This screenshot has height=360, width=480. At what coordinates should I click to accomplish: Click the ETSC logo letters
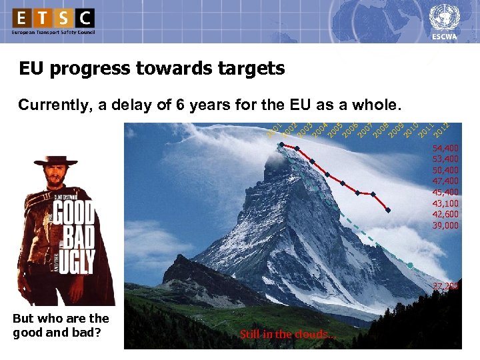(53, 17)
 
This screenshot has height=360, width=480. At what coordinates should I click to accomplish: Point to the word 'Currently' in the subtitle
(51, 105)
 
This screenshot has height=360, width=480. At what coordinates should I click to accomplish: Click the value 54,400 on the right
(445, 147)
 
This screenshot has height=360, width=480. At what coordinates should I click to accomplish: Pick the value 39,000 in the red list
(445, 225)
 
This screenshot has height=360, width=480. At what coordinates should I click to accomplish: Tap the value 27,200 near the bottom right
(445, 286)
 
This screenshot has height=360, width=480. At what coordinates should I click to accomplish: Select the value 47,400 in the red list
(445, 181)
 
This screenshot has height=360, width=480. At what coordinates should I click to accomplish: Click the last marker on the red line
(388, 210)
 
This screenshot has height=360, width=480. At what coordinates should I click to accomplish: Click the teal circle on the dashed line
(411, 265)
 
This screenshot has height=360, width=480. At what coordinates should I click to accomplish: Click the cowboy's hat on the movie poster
(57, 161)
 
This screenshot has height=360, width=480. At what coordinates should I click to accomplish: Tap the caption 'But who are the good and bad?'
(61, 325)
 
